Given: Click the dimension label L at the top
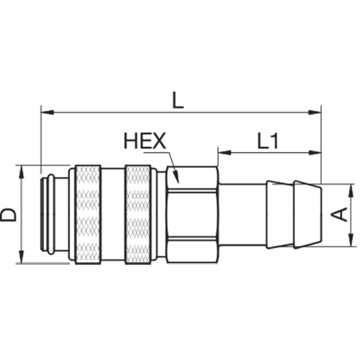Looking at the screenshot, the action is click(x=178, y=100).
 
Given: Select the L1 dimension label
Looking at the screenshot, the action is click(x=268, y=141).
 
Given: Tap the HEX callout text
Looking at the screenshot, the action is click(x=145, y=141).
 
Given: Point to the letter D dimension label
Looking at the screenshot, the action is click(x=8, y=215).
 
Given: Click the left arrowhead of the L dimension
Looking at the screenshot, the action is click(x=47, y=112).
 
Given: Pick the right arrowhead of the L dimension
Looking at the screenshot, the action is click(x=314, y=112).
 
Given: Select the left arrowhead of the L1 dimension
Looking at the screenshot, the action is click(x=224, y=152).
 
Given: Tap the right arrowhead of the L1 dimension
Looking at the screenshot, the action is click(x=314, y=152).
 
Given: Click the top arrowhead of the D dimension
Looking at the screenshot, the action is click(x=22, y=172).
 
